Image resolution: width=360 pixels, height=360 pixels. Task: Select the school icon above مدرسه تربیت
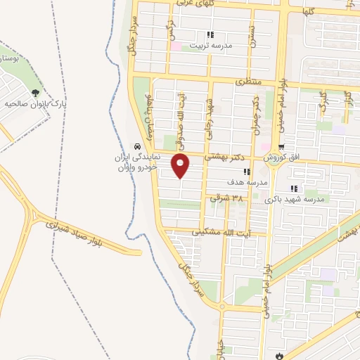(210, 34)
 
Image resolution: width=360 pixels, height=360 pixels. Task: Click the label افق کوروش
(282, 158)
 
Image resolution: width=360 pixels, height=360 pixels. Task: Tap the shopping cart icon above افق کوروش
(281, 148)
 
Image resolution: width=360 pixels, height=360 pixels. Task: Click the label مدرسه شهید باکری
(295, 199)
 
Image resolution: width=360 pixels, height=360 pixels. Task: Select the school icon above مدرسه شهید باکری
(293, 188)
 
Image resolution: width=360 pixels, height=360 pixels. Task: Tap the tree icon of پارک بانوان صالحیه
(35, 92)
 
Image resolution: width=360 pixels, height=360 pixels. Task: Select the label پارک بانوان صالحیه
(35, 103)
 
